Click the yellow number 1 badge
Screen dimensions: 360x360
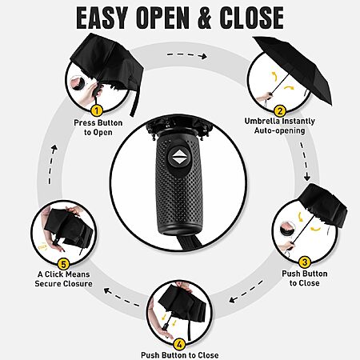(97, 110)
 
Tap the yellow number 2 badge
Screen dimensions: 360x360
(280, 110)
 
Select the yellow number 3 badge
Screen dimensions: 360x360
(305, 262)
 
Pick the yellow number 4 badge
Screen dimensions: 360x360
(179, 344)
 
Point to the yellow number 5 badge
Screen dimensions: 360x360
(63, 265)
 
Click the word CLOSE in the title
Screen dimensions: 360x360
(252, 18)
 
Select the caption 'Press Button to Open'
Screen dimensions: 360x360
(98, 127)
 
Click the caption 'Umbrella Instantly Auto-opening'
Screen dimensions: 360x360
(280, 126)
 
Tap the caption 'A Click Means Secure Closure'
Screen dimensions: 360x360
(63, 279)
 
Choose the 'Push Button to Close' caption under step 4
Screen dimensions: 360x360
(180, 355)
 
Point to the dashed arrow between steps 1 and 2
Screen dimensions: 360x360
(187, 55)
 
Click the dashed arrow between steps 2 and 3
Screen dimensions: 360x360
(305, 162)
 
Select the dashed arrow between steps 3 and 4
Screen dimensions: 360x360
(246, 291)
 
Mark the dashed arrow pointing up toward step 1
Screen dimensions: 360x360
(52, 164)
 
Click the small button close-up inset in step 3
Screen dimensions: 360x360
(287, 229)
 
